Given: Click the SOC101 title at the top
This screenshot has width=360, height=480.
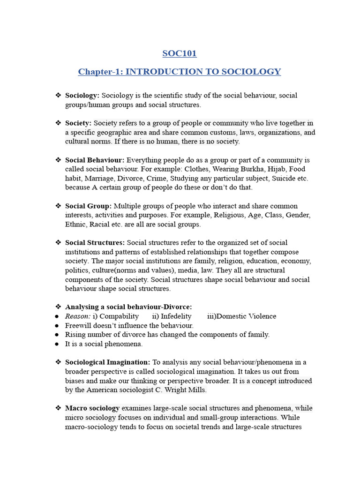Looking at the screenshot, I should (180, 53).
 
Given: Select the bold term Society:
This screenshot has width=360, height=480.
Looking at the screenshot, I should (78, 123).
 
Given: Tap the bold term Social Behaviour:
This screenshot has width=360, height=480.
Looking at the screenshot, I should (95, 160).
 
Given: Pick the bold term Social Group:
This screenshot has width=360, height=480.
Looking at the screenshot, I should (89, 206).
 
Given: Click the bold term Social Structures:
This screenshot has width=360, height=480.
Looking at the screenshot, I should (95, 243).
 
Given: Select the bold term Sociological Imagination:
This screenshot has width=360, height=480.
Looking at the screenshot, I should (108, 362).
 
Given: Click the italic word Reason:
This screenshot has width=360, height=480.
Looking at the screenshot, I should (78, 316).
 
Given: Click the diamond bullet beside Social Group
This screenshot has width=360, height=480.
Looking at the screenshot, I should (58, 206).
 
